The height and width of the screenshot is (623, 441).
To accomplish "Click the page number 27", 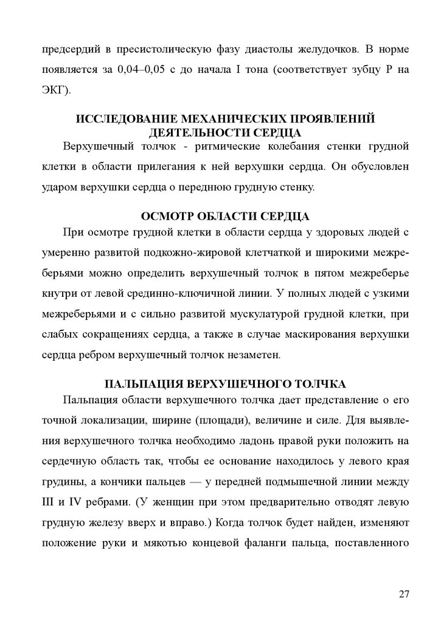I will point(405,594).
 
